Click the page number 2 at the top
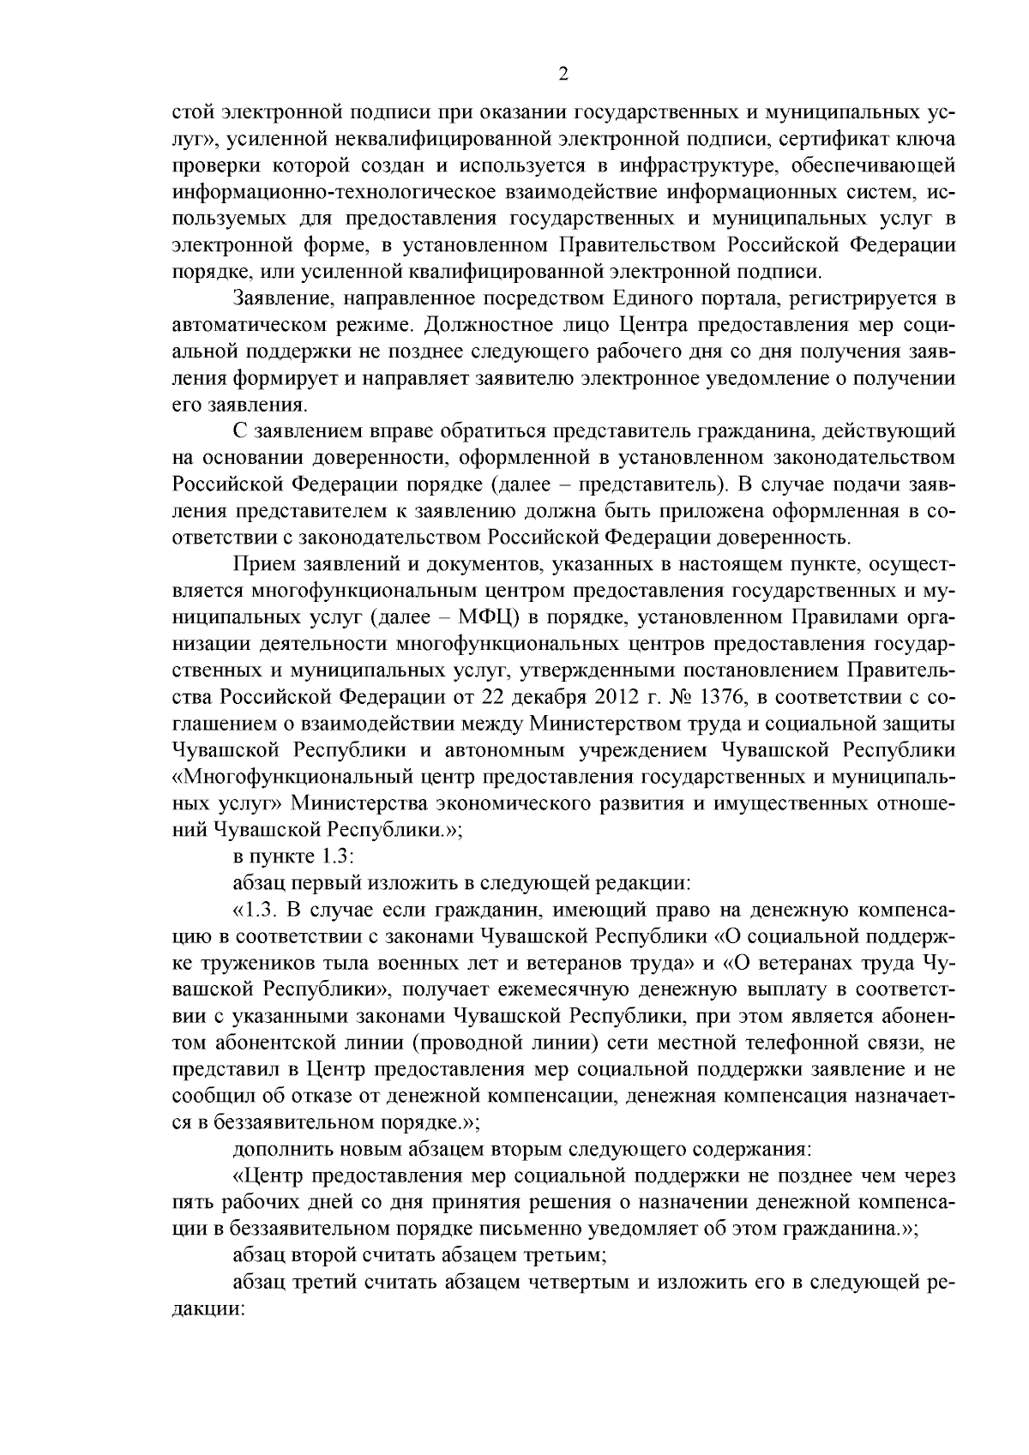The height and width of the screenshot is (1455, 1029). (x=563, y=75)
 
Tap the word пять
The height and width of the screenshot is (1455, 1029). (x=194, y=1201)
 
